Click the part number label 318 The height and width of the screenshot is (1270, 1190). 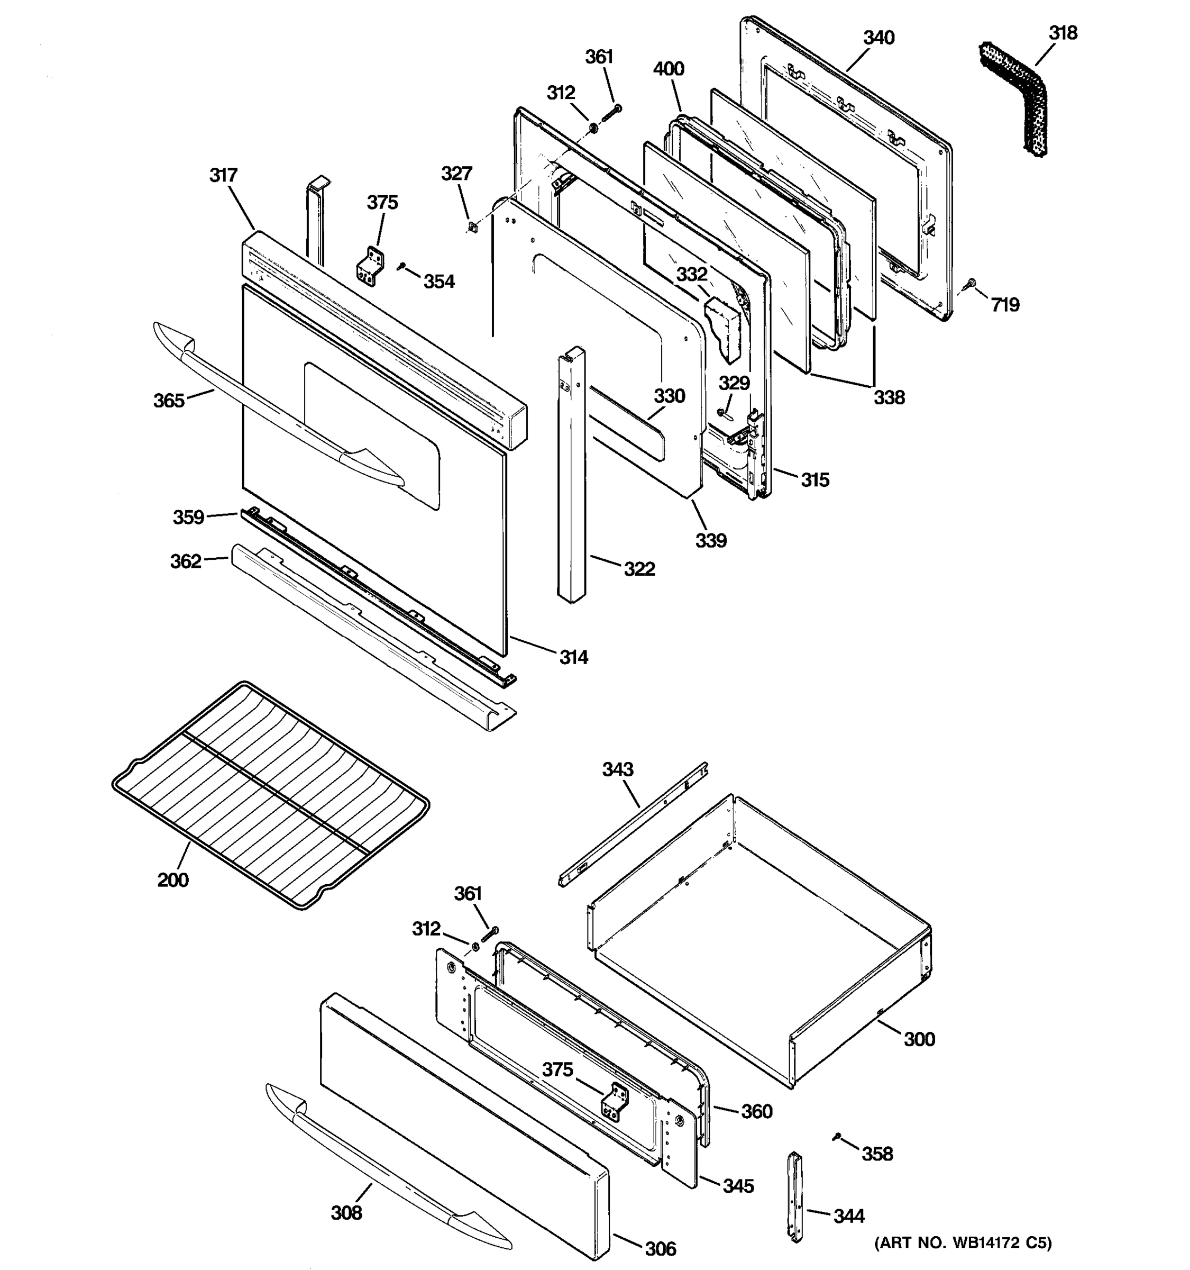click(x=1063, y=33)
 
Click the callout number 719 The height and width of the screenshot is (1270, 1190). click(x=1005, y=305)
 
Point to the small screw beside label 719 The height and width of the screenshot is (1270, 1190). click(x=971, y=284)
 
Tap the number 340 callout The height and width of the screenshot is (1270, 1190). click(x=878, y=38)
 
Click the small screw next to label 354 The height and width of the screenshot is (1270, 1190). click(x=401, y=266)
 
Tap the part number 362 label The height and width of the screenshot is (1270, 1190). click(x=186, y=561)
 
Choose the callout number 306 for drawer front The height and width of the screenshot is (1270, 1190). click(x=660, y=1248)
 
